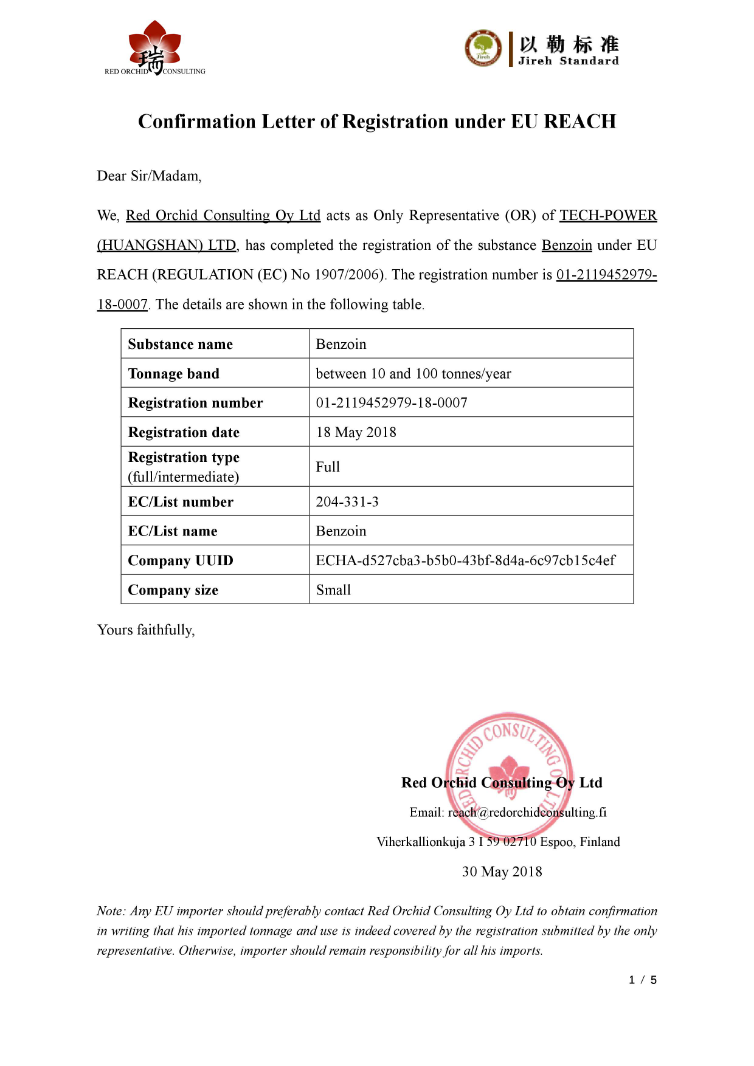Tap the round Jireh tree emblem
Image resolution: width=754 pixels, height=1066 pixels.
(x=483, y=49)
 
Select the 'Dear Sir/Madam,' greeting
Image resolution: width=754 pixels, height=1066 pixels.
(x=149, y=176)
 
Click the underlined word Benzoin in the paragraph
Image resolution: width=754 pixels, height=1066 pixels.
(x=566, y=245)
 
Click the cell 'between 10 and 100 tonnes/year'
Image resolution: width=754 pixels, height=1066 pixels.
(x=413, y=374)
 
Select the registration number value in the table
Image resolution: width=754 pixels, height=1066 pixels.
(x=391, y=403)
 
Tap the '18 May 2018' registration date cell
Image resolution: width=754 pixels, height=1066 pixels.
(x=356, y=432)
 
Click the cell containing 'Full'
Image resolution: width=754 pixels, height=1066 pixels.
(x=328, y=467)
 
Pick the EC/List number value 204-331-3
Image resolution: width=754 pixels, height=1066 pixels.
(x=347, y=502)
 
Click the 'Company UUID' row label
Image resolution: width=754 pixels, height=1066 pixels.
(x=180, y=560)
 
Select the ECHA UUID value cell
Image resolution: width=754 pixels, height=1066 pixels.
(x=465, y=560)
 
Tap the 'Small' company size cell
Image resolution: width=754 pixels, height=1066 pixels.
(x=333, y=590)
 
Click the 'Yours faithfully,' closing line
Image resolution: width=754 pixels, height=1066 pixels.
(x=146, y=630)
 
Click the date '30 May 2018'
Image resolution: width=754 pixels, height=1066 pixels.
(x=502, y=872)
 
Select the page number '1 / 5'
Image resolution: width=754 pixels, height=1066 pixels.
(x=643, y=980)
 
